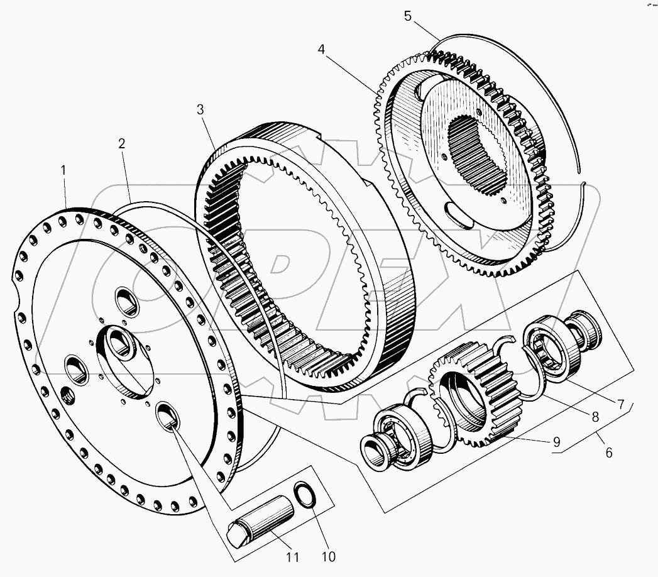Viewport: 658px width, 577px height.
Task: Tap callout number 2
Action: pyautogui.click(x=122, y=143)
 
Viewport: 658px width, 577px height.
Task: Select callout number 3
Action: pyautogui.click(x=200, y=109)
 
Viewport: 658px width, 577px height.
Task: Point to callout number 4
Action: pyautogui.click(x=321, y=49)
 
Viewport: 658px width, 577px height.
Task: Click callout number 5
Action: pyautogui.click(x=408, y=16)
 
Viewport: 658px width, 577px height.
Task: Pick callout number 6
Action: pyautogui.click(x=607, y=453)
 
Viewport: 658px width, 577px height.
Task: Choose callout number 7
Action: pyautogui.click(x=620, y=404)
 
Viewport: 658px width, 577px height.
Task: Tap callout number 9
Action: pyautogui.click(x=556, y=442)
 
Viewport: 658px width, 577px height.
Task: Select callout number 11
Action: pyautogui.click(x=292, y=556)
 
